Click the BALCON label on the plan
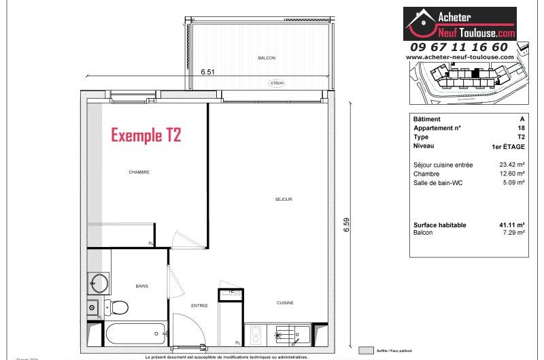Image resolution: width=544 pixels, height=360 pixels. point(267,59)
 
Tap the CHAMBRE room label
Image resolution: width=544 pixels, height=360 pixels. point(139,172)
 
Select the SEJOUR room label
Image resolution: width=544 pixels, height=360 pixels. point(284,199)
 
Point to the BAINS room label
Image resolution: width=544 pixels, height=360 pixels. point(141,287)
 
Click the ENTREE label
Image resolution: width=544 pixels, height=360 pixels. point(199,306)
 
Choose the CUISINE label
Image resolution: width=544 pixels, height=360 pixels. point(284,303)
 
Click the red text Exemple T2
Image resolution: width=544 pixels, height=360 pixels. point(146,135)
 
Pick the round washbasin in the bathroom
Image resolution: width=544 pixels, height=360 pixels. point(99,282)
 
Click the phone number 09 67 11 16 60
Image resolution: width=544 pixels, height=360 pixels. point(459,47)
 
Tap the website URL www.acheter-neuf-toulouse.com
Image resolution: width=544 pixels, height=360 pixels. point(459,57)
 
